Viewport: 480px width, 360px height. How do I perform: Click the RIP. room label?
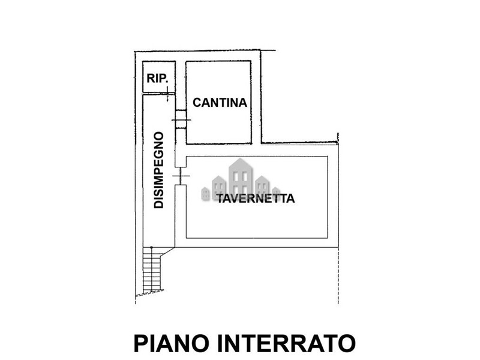157,79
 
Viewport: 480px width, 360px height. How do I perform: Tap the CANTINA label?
220,103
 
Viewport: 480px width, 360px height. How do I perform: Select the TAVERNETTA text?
256,199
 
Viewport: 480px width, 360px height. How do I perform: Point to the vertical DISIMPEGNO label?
158,170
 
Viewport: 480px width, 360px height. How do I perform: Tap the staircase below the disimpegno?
152,269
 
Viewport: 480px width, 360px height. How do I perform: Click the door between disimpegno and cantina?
181,119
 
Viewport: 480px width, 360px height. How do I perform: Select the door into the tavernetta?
181,176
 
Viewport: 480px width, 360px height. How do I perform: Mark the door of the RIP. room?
167,94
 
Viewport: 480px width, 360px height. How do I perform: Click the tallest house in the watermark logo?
241,178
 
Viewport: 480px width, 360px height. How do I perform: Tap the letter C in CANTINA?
197,103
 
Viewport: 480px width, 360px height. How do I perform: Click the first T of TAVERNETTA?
221,199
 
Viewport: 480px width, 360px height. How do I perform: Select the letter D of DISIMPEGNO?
158,204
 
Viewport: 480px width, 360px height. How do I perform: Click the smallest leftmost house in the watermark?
205,193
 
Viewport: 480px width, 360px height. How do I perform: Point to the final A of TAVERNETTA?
290,199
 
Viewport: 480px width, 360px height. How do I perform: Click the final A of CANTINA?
243,103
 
